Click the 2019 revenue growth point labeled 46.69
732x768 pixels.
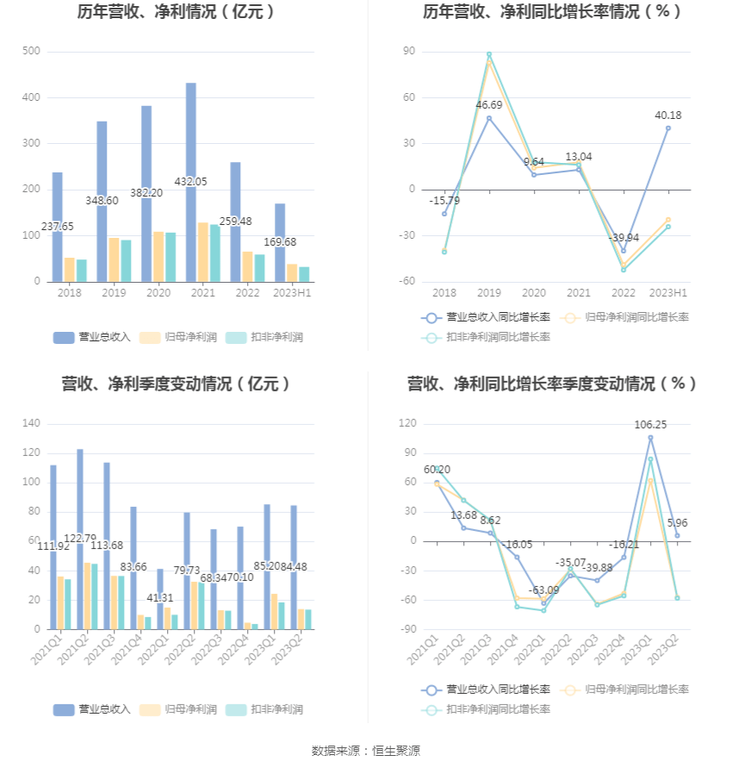click(489, 118)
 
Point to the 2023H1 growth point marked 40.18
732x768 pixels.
click(667, 128)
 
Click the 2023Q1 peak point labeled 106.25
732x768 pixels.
click(650, 438)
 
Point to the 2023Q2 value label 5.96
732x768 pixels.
click(676, 522)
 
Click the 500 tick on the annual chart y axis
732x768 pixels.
click(31, 52)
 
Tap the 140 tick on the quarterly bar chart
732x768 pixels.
click(31, 424)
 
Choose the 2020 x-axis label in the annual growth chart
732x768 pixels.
click(534, 293)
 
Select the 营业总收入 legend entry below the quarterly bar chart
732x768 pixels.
click(92, 709)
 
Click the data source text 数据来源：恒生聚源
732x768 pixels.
click(366, 751)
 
